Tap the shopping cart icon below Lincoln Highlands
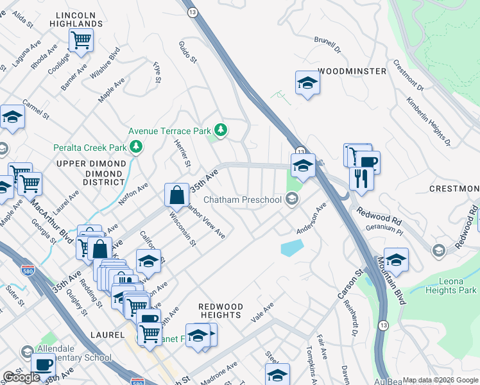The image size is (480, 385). [81, 40]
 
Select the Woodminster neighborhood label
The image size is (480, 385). [352, 71]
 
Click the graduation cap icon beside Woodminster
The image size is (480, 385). [308, 83]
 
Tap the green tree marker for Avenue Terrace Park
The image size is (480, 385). [221, 131]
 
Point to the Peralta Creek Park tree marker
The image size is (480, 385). [136, 148]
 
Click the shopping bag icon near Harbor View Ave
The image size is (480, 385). [176, 194]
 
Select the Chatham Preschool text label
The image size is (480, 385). [243, 200]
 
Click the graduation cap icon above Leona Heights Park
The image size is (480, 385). [396, 261]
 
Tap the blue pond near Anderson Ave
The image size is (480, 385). [291, 248]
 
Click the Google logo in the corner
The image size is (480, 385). [21, 377]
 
